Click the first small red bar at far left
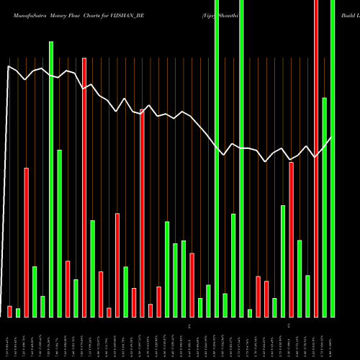10,311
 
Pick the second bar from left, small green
18,312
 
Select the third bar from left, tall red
27,242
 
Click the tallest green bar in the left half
51,179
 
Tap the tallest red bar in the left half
84,187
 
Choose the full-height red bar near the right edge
316,158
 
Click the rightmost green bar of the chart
333,158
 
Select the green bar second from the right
324,207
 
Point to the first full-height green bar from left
217,158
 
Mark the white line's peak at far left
8,66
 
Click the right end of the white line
331,138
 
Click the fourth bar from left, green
35,292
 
